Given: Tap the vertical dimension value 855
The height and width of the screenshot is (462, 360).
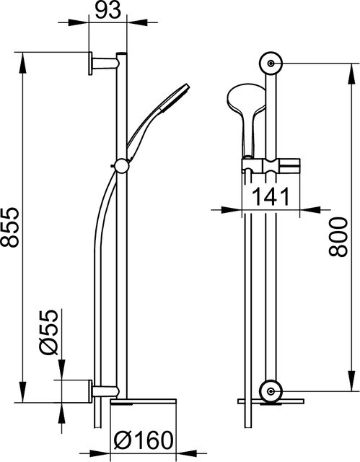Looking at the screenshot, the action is (x=10, y=227).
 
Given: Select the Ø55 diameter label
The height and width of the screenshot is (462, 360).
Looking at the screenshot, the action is (x=48, y=332).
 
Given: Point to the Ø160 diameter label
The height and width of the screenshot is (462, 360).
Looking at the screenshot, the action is (x=143, y=440).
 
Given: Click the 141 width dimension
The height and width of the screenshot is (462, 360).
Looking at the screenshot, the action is (x=271, y=197).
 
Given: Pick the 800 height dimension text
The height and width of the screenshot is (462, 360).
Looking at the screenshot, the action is (x=338, y=237).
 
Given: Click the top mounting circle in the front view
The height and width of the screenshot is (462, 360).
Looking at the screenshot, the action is (x=271, y=63).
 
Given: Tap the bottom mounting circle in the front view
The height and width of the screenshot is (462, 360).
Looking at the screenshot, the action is (x=271, y=391).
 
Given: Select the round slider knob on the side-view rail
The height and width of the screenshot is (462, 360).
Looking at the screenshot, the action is (x=121, y=166).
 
